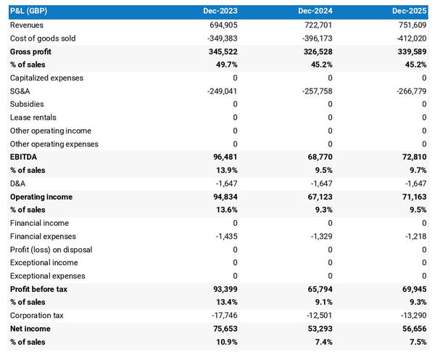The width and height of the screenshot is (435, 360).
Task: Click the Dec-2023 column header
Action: click(220, 12)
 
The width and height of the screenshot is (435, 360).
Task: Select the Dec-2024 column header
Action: click(316, 12)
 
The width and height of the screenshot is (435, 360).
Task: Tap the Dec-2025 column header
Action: click(410, 12)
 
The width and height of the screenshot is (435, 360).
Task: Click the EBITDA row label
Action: click(24, 157)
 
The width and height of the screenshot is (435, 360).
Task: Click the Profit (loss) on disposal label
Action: click(51, 250)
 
